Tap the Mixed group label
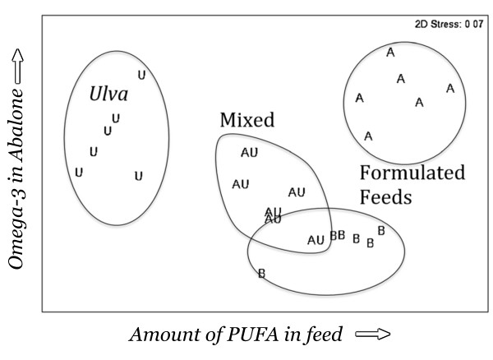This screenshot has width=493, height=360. click(246, 120)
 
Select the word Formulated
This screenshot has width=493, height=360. click(412, 173)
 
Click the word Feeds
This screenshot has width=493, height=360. click(385, 198)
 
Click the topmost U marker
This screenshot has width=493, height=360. click(141, 75)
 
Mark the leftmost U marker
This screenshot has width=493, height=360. click(79, 172)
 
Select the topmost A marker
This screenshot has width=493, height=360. click(390, 53)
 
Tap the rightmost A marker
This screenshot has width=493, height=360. click(449, 88)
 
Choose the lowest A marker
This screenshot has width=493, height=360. click(368, 136)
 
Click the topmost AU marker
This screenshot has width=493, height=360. click(249, 152)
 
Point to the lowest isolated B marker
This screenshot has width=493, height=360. click(261, 273)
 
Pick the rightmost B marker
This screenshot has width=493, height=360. click(380, 231)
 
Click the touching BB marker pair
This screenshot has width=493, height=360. click(337, 236)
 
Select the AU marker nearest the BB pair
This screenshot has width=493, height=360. click(316, 240)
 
